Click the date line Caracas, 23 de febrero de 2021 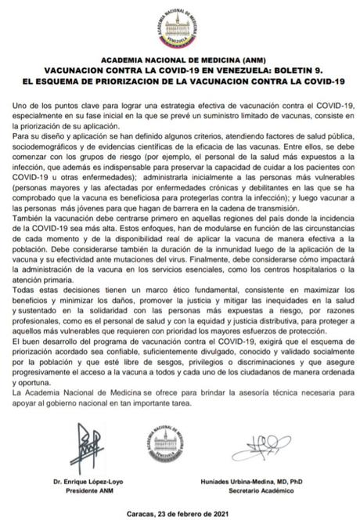point(179,515)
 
